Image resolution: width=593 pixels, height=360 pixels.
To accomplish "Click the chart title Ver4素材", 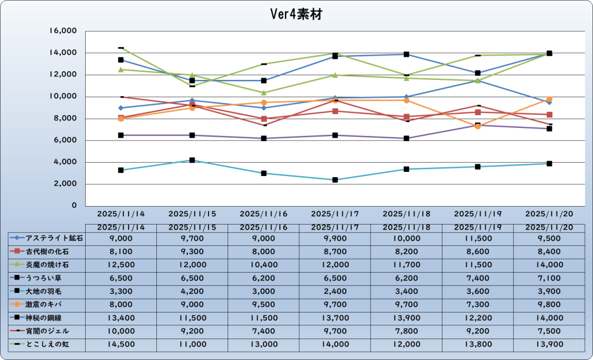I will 296,14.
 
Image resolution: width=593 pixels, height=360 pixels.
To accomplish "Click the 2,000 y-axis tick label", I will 68,184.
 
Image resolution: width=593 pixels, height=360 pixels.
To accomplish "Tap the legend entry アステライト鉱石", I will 47,238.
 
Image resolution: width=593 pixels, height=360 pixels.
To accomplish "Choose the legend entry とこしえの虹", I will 47,344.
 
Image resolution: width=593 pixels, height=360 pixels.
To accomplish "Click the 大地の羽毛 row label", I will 47,291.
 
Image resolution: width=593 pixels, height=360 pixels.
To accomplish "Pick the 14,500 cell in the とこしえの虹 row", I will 121,344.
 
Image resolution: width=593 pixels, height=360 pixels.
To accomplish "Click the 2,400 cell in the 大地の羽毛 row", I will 335,291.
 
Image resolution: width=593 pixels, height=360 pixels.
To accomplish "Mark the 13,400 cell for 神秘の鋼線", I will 121,318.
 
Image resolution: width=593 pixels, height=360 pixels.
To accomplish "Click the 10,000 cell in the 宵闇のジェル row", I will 121,331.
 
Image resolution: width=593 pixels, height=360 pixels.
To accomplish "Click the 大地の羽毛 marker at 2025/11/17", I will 335,180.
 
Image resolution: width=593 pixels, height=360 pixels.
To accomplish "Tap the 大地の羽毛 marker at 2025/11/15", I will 192,160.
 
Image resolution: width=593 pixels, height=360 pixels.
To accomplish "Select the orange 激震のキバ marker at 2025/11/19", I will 478,126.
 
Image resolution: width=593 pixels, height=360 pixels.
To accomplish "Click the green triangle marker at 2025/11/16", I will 264,93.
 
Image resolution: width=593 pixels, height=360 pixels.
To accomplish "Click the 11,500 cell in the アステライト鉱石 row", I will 478,238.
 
